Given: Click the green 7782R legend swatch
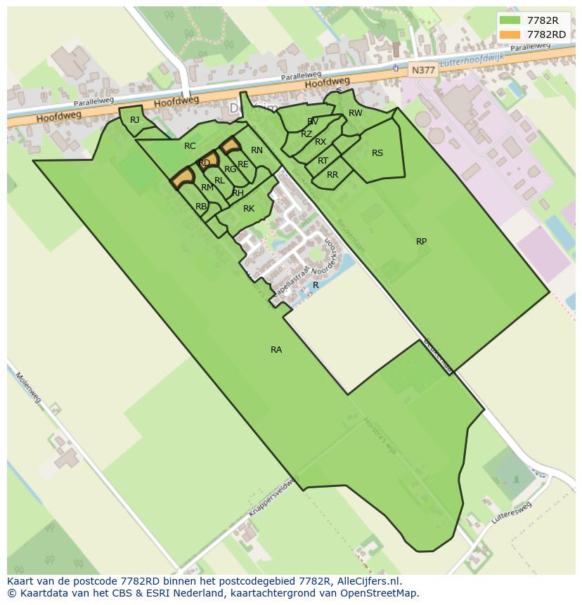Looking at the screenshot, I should point(510,20).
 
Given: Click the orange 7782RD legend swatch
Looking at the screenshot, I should point(510,34).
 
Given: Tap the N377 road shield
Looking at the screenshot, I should point(423,70).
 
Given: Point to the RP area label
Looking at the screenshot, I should point(421,242).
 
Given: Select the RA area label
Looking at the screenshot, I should point(276,349).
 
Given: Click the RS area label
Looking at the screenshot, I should point(377,153).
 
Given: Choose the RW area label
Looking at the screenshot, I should point(356,113).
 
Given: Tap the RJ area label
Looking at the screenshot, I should point(135,120).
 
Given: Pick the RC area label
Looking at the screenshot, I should point(190,146).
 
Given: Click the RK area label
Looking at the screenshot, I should point(248,209).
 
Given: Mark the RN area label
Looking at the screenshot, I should point(257,150).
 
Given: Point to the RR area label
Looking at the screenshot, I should point(332,175).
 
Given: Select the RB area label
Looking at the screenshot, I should point(201,207).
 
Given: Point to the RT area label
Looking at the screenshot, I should point(323,161).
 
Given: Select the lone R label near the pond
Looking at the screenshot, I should point(316,285).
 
